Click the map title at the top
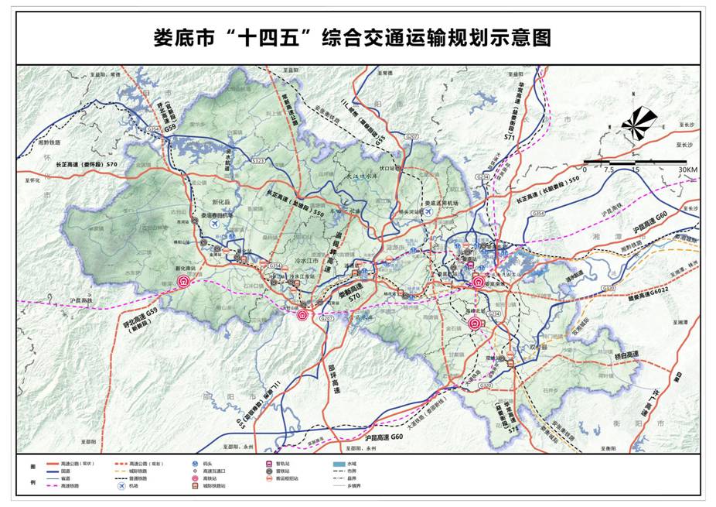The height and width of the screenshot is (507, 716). pyautogui.click(x=358, y=36)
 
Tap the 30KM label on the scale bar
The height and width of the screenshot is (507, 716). pyautogui.click(x=687, y=170)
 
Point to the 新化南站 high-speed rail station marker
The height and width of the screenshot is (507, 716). pyautogui.click(x=184, y=283)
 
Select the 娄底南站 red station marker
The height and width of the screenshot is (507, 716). pyautogui.click(x=479, y=283)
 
